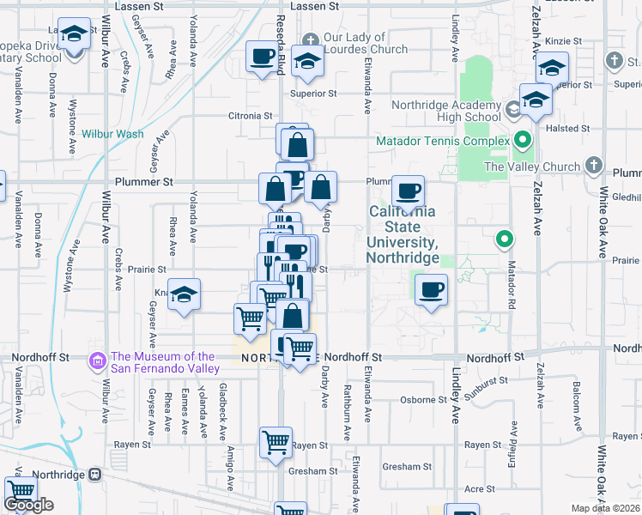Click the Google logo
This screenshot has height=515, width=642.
coord(28,505)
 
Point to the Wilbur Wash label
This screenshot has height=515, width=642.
coord(112,134)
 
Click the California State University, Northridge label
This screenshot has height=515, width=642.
coord(403,234)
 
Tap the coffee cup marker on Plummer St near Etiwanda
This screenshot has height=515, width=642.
coord(409,189)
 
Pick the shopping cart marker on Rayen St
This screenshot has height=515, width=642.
coord(276,443)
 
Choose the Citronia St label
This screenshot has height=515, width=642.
coord(249,115)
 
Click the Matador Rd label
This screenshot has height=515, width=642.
coord(510,273)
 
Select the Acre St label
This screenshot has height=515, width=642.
coord(474,488)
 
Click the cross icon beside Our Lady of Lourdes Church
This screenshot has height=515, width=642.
coord(311,39)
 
